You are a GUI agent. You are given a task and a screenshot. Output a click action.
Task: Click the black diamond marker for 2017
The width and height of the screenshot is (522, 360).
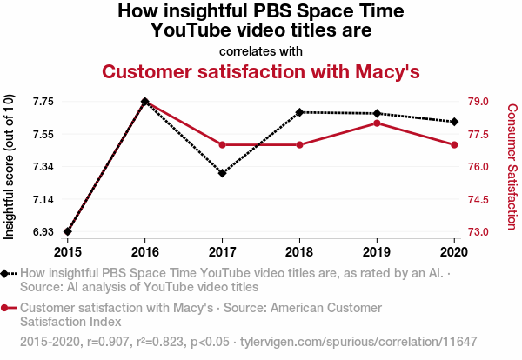tap(223, 173)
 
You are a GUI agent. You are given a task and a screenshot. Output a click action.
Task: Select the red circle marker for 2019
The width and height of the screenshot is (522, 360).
tap(377, 123)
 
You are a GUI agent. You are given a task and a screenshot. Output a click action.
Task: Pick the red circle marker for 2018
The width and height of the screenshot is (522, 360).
tap(299, 144)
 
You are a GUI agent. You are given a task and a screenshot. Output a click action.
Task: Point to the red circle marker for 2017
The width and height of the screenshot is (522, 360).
tap(223, 144)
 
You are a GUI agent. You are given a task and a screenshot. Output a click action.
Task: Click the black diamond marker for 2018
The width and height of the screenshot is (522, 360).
tap(299, 112)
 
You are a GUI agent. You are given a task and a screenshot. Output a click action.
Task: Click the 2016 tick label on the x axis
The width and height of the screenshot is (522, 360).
tap(145, 252)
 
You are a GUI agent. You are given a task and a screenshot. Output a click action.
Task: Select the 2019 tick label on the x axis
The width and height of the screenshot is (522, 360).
tap(377, 252)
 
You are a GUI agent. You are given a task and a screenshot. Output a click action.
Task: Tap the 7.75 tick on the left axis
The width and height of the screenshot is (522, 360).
tap(41, 102)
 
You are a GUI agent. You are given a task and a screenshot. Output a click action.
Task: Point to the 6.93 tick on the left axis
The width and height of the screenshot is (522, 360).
tap(41, 232)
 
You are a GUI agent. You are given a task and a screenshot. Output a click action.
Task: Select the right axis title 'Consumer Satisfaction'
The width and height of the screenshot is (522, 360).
tap(512, 167)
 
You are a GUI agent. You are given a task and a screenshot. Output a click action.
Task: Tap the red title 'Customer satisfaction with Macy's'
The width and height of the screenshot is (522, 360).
tap(261, 71)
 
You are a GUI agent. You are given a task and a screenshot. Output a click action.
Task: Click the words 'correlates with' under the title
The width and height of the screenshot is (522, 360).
tap(261, 50)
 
